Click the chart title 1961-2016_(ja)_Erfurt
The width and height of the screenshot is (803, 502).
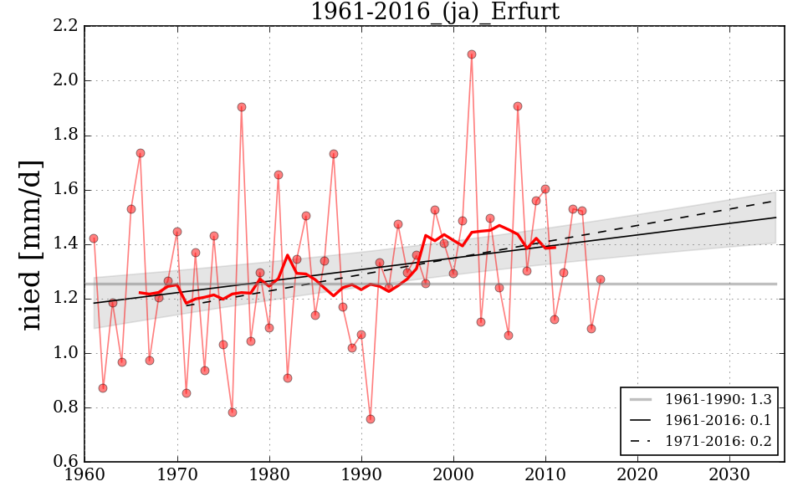[x=434, y=13]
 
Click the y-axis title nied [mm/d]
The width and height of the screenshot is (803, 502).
[x=31, y=244]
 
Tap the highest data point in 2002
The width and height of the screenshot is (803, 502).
[x=472, y=54]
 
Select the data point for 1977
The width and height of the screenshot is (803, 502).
[x=242, y=107]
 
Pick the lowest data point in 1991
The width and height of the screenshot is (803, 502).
[x=371, y=419]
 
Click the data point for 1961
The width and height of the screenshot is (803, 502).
[x=94, y=238]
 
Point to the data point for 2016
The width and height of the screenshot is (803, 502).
[x=601, y=279]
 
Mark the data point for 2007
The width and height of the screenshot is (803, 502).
[x=518, y=106]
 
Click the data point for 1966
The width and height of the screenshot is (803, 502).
[x=141, y=153]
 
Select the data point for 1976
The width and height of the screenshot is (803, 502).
[x=233, y=412]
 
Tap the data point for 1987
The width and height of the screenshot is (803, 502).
[x=334, y=154]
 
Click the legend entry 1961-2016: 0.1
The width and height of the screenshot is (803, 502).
[x=718, y=420]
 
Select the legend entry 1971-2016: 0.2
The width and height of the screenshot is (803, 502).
[x=718, y=441]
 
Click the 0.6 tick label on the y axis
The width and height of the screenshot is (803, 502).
[x=67, y=463]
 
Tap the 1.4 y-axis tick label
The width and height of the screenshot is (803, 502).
[x=67, y=244]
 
